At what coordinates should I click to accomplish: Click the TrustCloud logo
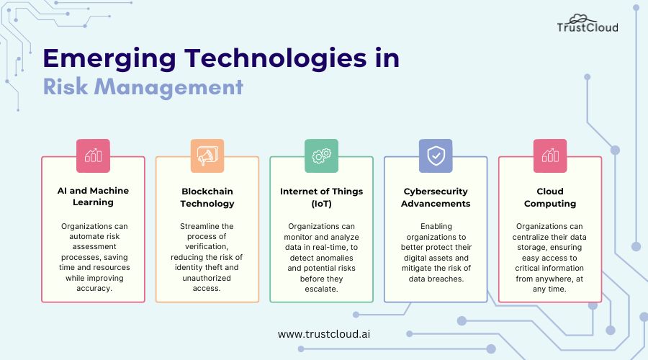(588, 24)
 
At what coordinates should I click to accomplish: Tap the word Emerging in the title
(110, 59)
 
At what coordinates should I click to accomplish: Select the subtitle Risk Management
(143, 87)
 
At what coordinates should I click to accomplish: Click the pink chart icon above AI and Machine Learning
(93, 156)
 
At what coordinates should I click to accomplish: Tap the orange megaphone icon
(207, 156)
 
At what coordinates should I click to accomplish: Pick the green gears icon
(322, 156)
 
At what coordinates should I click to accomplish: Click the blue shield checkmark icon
(436, 156)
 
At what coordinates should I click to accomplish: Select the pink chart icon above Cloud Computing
(550, 156)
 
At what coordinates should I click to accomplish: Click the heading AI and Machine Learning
(93, 197)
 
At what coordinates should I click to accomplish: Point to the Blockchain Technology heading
(207, 197)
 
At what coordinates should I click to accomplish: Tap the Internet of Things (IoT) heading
(322, 197)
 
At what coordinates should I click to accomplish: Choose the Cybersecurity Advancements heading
(436, 197)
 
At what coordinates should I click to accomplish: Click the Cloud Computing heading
(550, 197)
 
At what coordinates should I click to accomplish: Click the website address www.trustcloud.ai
(324, 334)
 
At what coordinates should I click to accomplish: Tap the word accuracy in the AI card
(94, 289)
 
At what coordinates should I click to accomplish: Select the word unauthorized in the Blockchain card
(207, 278)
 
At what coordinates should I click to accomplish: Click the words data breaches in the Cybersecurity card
(436, 279)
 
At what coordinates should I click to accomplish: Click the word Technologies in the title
(275, 59)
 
